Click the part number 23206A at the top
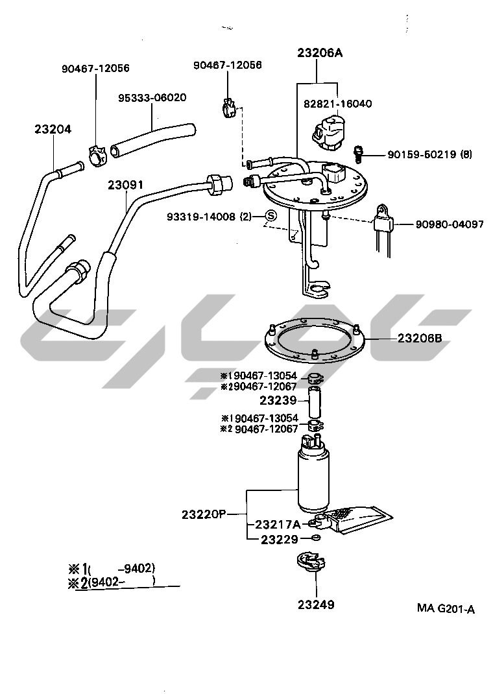point(320,53)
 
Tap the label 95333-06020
point(152,97)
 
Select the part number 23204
point(53,129)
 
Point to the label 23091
point(126,185)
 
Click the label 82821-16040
point(338,104)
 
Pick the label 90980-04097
point(450,224)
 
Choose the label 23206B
point(420,339)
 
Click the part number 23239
point(278,401)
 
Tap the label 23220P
point(204,514)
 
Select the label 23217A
point(278,525)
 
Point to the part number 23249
point(316,604)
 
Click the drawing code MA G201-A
point(446,608)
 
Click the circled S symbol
point(271,216)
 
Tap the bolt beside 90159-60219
point(359,153)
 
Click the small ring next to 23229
point(316,538)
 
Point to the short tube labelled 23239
point(314,402)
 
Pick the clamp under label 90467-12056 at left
point(98,156)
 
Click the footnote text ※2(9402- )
point(111,582)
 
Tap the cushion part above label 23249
point(311,563)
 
